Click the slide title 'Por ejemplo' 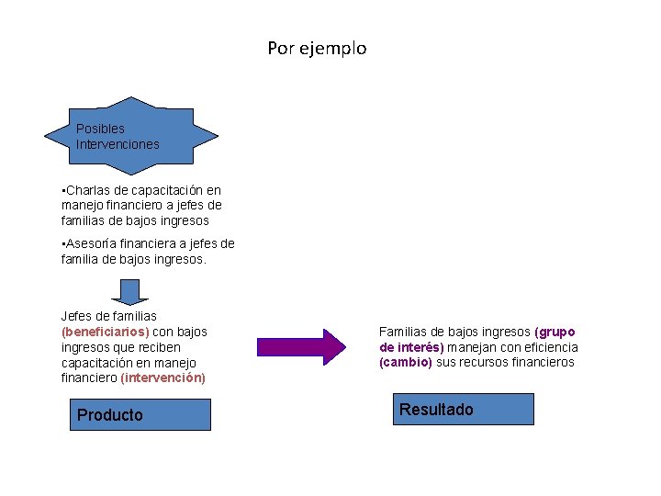[x=317, y=48]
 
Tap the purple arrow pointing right [x=301, y=346]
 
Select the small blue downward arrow [x=130, y=291]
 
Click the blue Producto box [x=140, y=414]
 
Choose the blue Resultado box [x=466, y=409]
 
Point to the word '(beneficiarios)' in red [x=105, y=332]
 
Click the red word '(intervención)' [x=162, y=378]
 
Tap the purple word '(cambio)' [x=405, y=363]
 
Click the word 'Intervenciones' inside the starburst [x=118, y=144]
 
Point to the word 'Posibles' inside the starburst [x=100, y=129]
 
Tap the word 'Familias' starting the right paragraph [x=404, y=332]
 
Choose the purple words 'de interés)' [x=411, y=347]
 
